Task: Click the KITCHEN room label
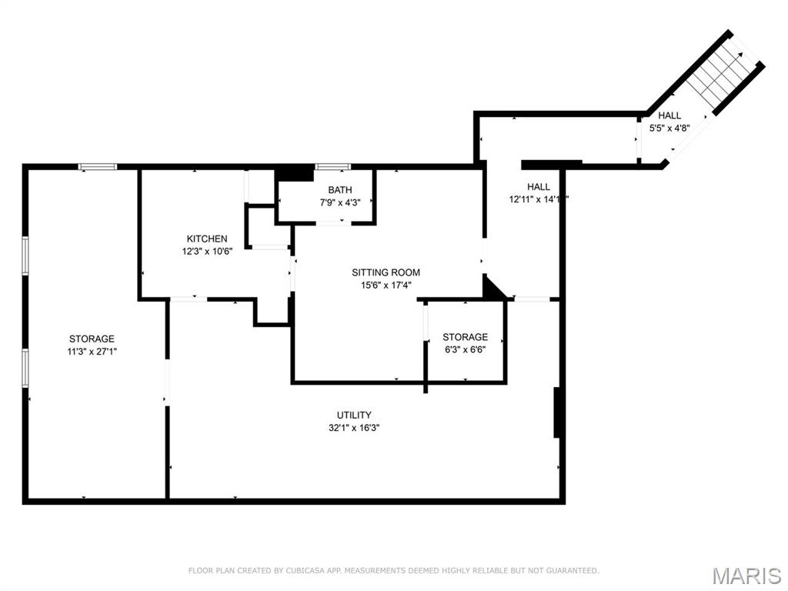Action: pos(206,239)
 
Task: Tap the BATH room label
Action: pos(339,190)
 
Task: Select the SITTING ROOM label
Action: pos(386,272)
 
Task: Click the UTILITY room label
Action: pos(353,415)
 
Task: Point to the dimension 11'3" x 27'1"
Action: pos(92,351)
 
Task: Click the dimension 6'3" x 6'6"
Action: pos(464,349)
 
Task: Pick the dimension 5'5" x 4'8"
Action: pos(669,129)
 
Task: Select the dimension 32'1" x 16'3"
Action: pos(353,428)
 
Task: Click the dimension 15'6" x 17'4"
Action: pos(386,285)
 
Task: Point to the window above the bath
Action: pos(332,166)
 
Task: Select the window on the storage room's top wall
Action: pos(98,166)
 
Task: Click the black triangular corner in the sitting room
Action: pos(492,289)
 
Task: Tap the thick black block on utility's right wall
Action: pos(558,412)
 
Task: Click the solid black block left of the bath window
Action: pos(294,173)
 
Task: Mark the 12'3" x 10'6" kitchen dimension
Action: pos(206,251)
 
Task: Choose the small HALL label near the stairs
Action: pos(669,115)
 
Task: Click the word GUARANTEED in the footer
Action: pos(572,570)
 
